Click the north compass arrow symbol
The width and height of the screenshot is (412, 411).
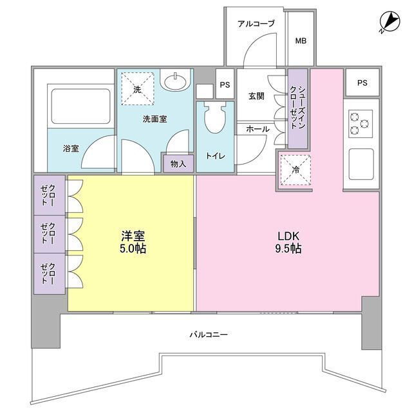(x=389, y=22)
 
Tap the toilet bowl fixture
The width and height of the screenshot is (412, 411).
(x=215, y=117)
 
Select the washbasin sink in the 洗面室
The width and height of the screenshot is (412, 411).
(x=175, y=79)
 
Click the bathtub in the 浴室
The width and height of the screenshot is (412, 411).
(x=81, y=106)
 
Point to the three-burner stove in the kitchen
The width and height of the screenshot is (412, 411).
(x=360, y=124)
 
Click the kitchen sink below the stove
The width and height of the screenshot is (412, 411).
(x=361, y=164)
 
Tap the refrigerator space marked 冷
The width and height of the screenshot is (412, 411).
(x=295, y=170)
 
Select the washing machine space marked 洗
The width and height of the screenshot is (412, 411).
(x=137, y=89)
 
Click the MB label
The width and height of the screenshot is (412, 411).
(x=301, y=41)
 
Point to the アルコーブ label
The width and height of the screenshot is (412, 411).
(x=256, y=24)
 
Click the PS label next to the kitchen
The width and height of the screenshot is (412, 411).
(x=362, y=83)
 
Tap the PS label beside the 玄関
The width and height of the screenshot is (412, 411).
(x=225, y=85)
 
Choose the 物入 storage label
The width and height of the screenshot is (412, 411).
(x=178, y=164)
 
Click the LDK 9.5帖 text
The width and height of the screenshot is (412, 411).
(x=288, y=243)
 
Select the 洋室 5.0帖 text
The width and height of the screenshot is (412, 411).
(x=133, y=242)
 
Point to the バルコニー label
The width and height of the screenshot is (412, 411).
(x=209, y=335)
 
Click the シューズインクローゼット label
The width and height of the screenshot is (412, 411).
(x=297, y=108)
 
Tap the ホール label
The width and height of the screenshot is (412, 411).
(x=257, y=129)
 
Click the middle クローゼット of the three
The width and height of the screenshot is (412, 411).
(x=48, y=234)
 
